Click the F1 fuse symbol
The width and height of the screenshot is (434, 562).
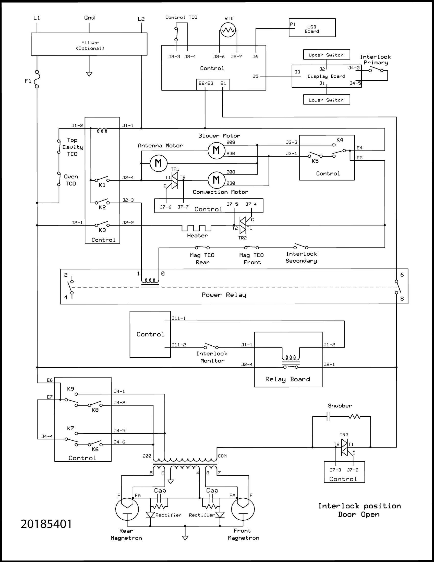click(x=37, y=79)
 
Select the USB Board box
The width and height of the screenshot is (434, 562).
click(x=312, y=28)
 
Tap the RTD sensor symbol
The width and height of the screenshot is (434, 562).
click(x=228, y=30)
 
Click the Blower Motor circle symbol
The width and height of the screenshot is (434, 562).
click(x=216, y=150)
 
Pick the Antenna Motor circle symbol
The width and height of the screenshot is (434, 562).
click(x=158, y=163)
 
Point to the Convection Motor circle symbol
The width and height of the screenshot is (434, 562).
click(x=216, y=180)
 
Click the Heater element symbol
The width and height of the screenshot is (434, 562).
click(x=197, y=228)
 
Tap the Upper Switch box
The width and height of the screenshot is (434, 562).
click(x=326, y=55)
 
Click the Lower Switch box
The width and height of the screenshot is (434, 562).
click(x=326, y=100)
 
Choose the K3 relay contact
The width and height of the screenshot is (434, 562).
click(x=102, y=224)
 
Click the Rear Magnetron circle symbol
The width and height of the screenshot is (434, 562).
click(x=127, y=509)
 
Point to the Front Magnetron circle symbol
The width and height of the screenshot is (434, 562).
click(x=243, y=509)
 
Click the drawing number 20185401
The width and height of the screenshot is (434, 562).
click(x=46, y=524)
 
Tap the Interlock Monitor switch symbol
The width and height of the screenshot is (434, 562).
click(x=211, y=346)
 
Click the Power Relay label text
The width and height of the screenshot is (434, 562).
click(x=224, y=295)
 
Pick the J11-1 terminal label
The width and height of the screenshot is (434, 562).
click(x=179, y=318)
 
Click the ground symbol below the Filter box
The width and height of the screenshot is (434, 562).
click(x=89, y=74)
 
